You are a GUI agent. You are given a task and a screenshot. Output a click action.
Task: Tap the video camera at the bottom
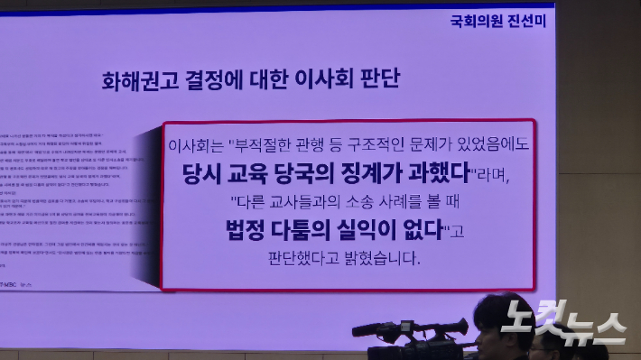pos(411,337)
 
